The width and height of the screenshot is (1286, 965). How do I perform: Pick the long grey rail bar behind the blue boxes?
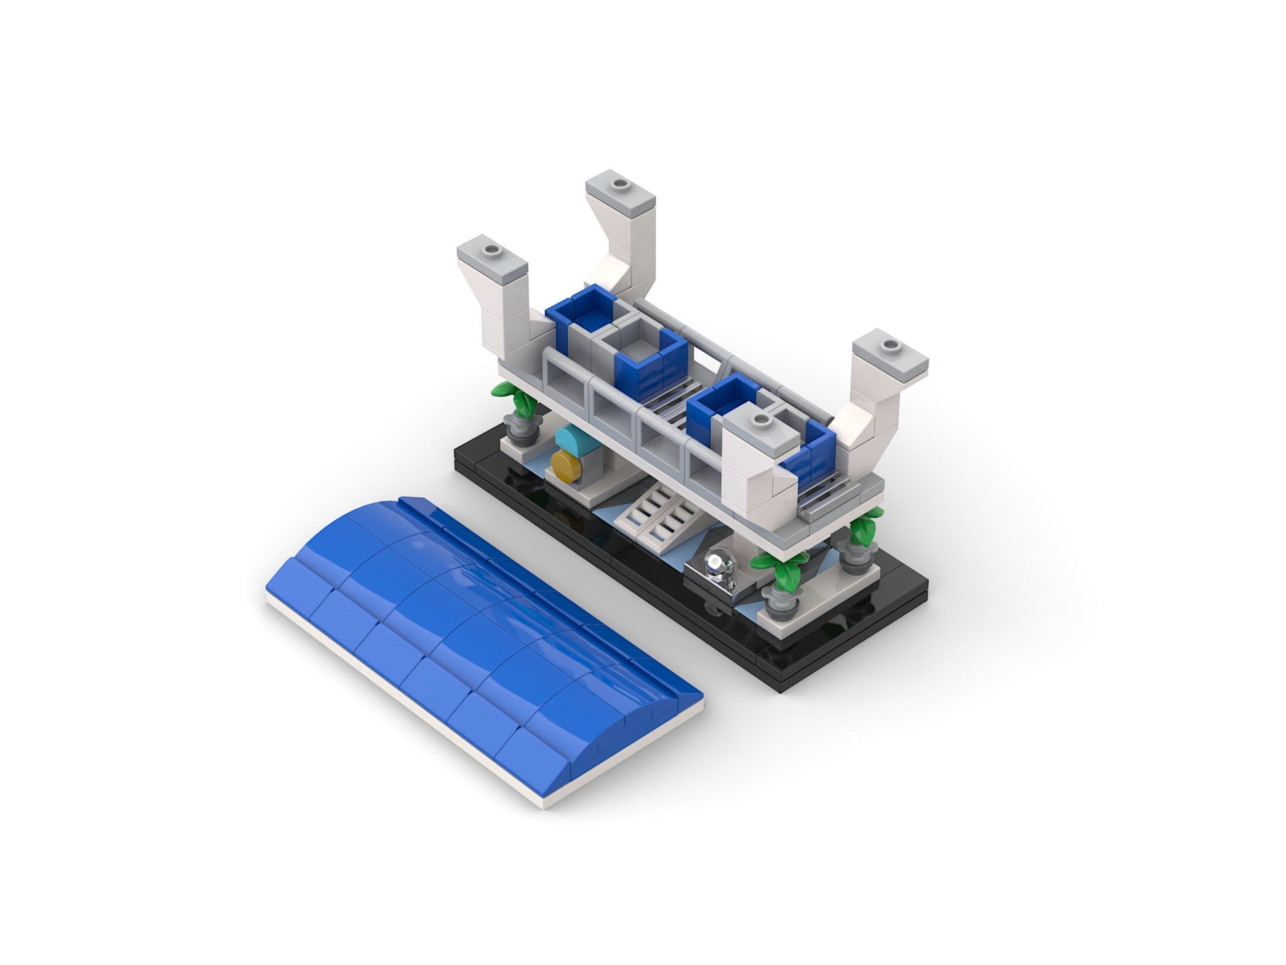pyautogui.click(x=727, y=350)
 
